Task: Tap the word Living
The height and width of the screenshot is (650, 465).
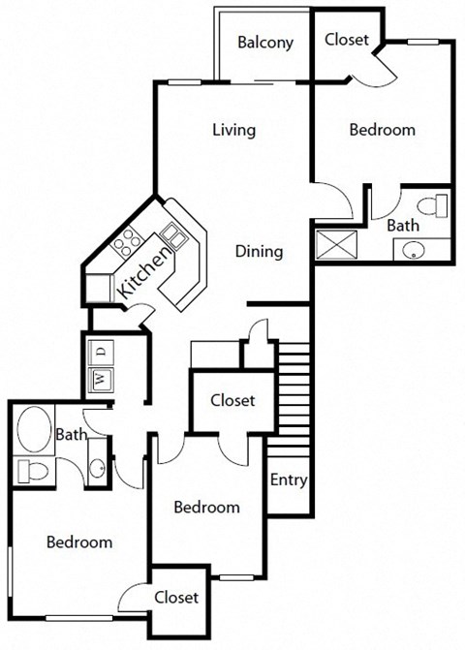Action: (233, 130)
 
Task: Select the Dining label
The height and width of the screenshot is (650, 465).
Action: (260, 252)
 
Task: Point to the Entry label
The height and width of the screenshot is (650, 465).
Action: (288, 480)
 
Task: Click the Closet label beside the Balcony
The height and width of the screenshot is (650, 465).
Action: (345, 40)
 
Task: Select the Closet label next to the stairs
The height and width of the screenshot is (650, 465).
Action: (232, 400)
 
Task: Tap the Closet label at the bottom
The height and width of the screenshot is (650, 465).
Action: (175, 598)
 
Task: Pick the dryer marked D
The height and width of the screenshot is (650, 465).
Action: (102, 349)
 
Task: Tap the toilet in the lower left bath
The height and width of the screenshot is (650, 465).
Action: (34, 472)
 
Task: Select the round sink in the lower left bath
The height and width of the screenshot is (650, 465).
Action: (96, 470)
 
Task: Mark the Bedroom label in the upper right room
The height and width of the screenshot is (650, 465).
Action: (382, 130)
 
